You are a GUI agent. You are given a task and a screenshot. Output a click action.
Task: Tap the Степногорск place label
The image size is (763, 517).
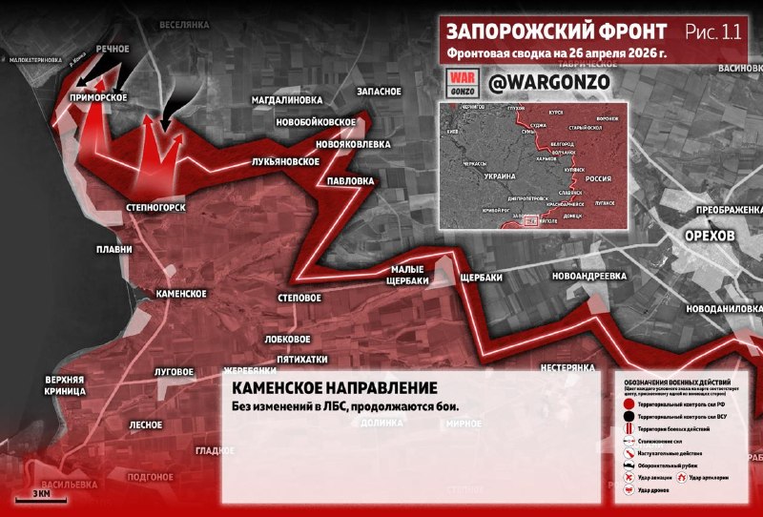154,206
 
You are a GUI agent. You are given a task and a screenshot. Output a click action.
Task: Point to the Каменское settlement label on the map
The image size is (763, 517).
181,293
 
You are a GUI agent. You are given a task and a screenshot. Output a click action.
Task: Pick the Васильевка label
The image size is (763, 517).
69,484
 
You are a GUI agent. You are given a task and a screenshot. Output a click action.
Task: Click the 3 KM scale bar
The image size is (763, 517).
41,496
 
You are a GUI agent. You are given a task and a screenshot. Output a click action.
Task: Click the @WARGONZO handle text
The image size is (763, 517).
548,84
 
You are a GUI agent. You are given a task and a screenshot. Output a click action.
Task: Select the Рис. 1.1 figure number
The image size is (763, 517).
719,31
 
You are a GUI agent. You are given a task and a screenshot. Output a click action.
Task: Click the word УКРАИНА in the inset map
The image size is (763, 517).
500,177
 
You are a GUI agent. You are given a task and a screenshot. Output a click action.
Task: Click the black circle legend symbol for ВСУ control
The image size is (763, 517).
629,418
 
